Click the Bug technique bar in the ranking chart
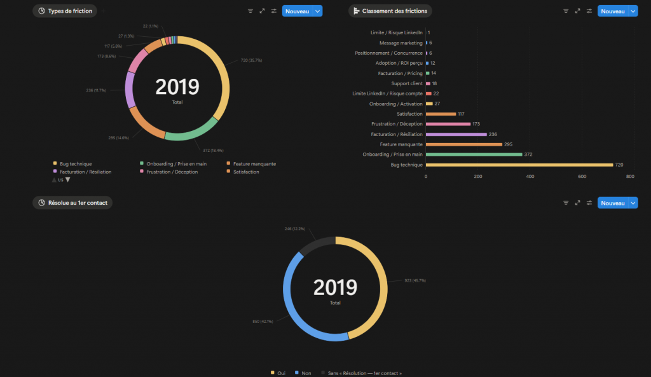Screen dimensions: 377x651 click(x=519, y=165)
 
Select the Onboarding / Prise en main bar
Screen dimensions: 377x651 click(x=474, y=154)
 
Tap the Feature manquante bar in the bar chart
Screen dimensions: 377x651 click(x=464, y=144)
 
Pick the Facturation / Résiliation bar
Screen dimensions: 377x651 click(x=456, y=134)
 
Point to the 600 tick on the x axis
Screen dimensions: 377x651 click(x=582, y=177)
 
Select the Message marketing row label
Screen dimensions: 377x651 click(x=401, y=43)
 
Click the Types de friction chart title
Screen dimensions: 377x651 click(x=70, y=11)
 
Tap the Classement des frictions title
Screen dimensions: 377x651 click(x=394, y=11)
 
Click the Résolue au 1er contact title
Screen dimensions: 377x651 click(x=77, y=203)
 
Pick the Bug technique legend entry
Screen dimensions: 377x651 click(x=75, y=164)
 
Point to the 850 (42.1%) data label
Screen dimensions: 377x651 click(x=263, y=322)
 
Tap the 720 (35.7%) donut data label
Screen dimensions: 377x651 click(x=250, y=60)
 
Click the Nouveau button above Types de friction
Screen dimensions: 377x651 click(x=297, y=11)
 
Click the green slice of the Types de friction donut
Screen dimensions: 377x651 click(x=190, y=135)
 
